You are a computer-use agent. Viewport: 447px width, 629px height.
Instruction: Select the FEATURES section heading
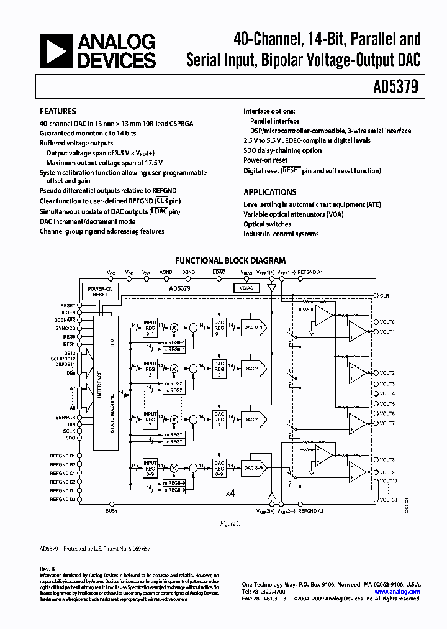click(x=58, y=112)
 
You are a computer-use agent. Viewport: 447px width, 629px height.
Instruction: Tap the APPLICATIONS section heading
click(x=269, y=192)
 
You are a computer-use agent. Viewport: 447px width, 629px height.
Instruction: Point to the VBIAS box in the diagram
click(x=243, y=288)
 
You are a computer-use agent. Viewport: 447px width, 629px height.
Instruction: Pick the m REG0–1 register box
click(x=174, y=342)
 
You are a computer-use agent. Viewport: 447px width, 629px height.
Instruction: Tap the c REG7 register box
click(x=173, y=441)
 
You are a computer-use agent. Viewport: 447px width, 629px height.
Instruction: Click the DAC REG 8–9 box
click(x=219, y=467)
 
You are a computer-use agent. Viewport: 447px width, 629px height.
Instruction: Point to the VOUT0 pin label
click(x=387, y=323)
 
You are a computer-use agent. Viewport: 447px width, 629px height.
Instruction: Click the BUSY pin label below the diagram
click(x=111, y=511)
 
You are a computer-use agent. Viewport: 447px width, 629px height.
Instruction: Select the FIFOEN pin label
click(x=67, y=313)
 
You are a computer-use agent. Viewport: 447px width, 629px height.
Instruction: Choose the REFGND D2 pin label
click(x=63, y=499)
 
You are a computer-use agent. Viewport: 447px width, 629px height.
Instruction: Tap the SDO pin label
click(x=70, y=438)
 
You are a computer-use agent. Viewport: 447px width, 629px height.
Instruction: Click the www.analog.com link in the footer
click(x=397, y=592)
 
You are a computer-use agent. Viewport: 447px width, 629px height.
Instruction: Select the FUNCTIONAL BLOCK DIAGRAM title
click(x=230, y=261)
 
